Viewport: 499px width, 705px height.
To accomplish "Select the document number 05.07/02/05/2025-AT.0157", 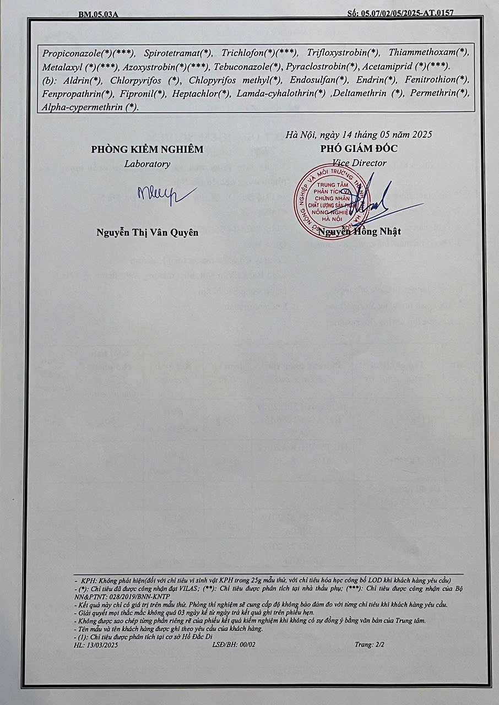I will (x=408, y=12).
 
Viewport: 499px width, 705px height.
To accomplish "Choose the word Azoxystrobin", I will (x=148, y=67).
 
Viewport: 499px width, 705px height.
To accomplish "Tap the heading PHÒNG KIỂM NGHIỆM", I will (x=147, y=149).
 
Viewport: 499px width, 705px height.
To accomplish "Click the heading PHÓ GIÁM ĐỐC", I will (x=359, y=149).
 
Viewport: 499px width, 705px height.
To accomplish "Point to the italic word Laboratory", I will (x=147, y=164).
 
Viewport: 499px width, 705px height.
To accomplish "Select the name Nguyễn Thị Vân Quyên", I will (x=147, y=232).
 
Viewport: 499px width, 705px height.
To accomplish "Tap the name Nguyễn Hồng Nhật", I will (x=359, y=232).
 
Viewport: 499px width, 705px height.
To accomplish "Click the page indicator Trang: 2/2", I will (x=368, y=644).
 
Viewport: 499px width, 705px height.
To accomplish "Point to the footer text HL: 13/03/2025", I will (x=96, y=644).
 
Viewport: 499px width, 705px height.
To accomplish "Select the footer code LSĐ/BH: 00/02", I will (x=234, y=644).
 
